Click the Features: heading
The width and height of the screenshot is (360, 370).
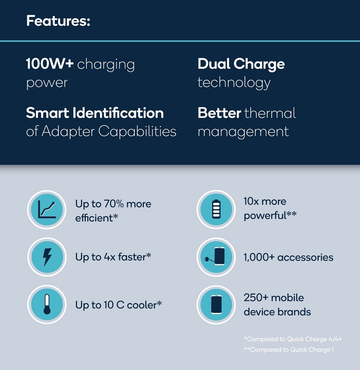pyautogui.click(x=58, y=21)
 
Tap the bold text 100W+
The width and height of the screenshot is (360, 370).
pyautogui.click(x=50, y=64)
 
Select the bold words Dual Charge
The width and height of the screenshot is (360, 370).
pyautogui.click(x=241, y=64)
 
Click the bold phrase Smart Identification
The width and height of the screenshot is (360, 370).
pyautogui.click(x=95, y=113)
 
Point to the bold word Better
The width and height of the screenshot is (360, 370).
pyautogui.click(x=219, y=113)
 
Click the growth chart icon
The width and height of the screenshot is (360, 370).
pyautogui.click(x=47, y=210)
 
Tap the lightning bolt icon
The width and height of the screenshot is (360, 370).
pyautogui.click(x=47, y=257)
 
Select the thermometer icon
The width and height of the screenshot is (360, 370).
pyautogui.click(x=47, y=304)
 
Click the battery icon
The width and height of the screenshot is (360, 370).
pyautogui.click(x=216, y=209)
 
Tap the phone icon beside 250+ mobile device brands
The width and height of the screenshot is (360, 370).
pyautogui.click(x=216, y=304)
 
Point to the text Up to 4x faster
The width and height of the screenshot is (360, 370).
pyautogui.click(x=113, y=257)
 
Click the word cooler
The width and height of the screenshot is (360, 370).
pyautogui.click(x=144, y=305)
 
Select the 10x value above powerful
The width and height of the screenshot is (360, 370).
pyautogui.click(x=251, y=201)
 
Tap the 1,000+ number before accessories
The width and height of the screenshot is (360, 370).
pyautogui.click(x=259, y=257)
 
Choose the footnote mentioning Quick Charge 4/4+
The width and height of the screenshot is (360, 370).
pyautogui.click(x=293, y=339)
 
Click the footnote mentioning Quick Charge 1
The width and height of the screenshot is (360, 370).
pyautogui.click(x=289, y=350)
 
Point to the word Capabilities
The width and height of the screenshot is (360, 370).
pyautogui.click(x=137, y=131)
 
